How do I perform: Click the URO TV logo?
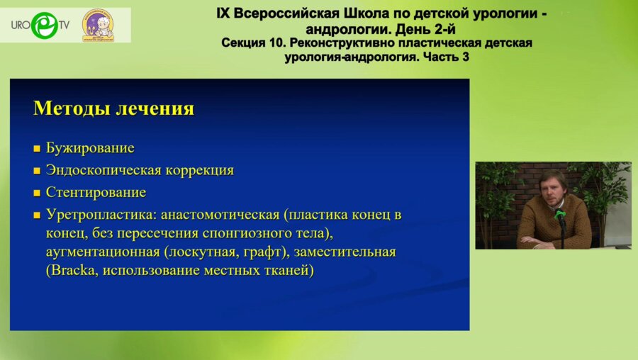(40, 25)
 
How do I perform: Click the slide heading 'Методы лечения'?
(113, 108)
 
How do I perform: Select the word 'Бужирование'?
(90, 148)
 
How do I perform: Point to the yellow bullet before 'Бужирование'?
(37, 150)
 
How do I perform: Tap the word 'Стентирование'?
(96, 192)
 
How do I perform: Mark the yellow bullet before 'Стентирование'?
(37, 193)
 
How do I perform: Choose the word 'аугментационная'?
(103, 252)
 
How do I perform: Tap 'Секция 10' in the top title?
(252, 43)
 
